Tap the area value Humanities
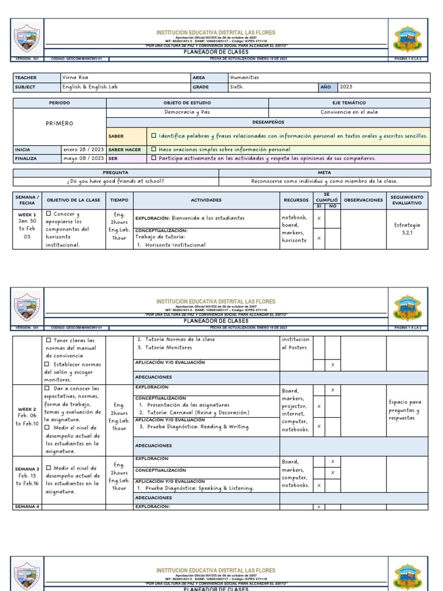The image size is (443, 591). click(x=245, y=77)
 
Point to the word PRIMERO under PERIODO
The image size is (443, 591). click(x=59, y=124)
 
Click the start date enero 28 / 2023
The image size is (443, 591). click(x=84, y=149)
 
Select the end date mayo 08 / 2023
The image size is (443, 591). click(x=84, y=158)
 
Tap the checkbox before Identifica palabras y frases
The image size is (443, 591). click(x=153, y=136)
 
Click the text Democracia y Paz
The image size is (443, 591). click(x=187, y=113)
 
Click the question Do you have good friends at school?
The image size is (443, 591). click(x=115, y=181)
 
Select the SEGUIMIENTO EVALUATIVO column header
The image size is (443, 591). click(x=407, y=200)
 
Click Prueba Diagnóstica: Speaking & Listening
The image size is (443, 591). click(x=196, y=488)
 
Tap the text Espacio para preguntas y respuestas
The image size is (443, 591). click(x=407, y=410)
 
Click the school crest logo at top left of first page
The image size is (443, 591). click(x=27, y=39)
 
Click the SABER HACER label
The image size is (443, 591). click(x=125, y=149)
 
